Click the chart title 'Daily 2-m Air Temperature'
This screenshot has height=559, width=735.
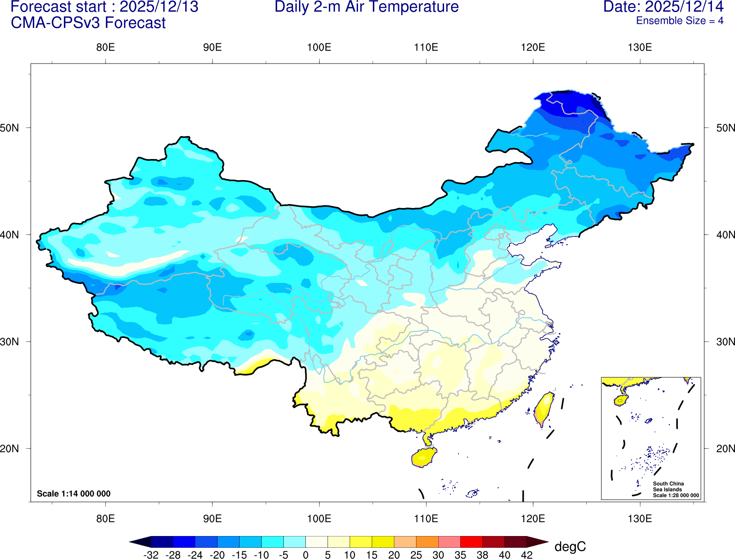(x=367, y=7)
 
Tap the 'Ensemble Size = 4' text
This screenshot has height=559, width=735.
(x=680, y=21)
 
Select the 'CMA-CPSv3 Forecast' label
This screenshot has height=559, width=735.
(x=88, y=23)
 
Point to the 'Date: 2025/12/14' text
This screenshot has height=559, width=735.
(x=663, y=7)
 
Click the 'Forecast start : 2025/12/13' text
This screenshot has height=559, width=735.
(x=104, y=7)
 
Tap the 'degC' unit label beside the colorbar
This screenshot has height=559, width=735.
(x=570, y=547)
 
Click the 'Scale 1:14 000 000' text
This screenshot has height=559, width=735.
(x=73, y=494)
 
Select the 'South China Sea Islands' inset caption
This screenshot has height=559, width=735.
(x=668, y=486)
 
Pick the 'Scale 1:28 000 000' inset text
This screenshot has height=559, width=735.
(x=676, y=495)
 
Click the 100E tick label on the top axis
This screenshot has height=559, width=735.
(x=319, y=48)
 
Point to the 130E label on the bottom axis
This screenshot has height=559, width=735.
(x=640, y=518)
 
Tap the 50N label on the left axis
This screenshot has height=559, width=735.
(x=9, y=128)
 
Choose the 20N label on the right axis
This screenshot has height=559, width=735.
(x=726, y=449)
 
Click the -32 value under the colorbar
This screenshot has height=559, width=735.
(x=151, y=555)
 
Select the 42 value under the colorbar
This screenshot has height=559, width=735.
(x=526, y=555)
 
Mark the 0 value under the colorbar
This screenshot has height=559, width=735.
(x=305, y=555)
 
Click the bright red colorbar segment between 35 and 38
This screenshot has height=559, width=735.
(x=471, y=541)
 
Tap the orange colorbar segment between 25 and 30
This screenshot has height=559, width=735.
(x=427, y=541)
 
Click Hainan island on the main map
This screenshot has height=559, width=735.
(x=423, y=458)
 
